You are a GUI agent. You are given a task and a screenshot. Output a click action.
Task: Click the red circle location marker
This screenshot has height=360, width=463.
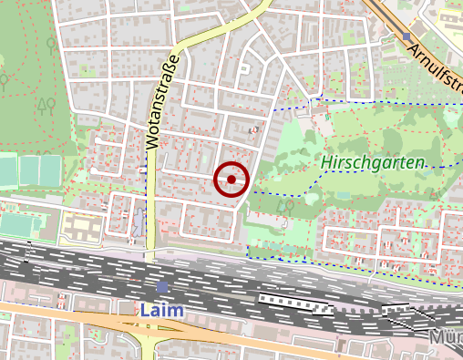click(x=231, y=180)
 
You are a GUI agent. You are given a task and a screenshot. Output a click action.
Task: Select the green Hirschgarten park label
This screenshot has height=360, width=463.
click(x=374, y=162)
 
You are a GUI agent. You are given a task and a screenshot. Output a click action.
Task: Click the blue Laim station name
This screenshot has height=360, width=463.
click(x=162, y=310)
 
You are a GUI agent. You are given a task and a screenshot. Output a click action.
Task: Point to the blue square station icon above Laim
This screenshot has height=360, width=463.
click(x=162, y=287)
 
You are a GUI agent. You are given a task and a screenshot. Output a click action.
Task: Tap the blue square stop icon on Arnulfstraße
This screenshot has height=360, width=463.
click(x=406, y=36)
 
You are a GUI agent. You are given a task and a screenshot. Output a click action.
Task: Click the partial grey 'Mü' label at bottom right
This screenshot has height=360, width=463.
click(x=447, y=338)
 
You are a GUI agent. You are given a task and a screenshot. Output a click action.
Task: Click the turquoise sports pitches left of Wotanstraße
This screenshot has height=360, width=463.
click(x=40, y=170)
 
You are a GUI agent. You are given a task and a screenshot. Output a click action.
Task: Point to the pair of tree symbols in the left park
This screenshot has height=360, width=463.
click(x=46, y=106)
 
